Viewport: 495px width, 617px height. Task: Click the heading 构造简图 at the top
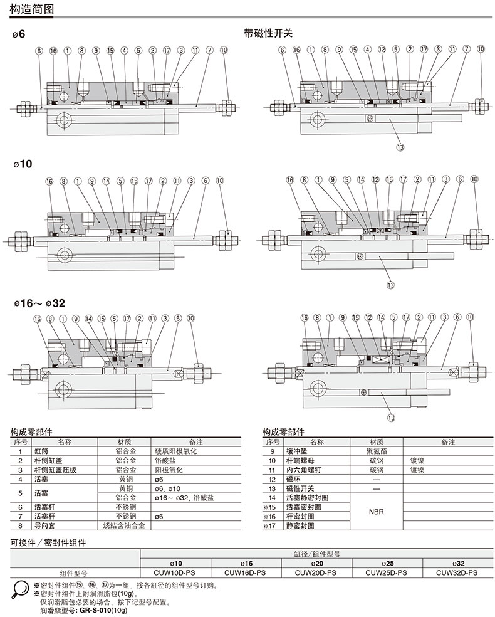coord(32,9)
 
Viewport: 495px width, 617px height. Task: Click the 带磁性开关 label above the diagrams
coord(268,33)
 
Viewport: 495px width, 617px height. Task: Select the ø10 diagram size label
coord(23,164)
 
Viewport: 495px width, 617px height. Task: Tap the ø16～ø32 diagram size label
coord(38,303)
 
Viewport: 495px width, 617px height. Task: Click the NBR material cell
coord(376,512)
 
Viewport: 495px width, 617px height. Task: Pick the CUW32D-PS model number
coord(457,572)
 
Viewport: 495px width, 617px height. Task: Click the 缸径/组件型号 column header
coord(316,554)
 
